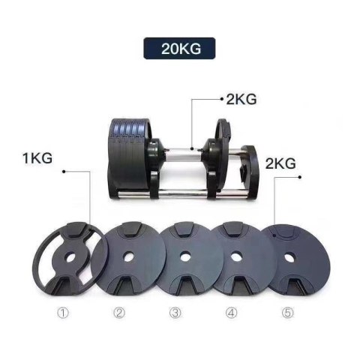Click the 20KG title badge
click(181, 50)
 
